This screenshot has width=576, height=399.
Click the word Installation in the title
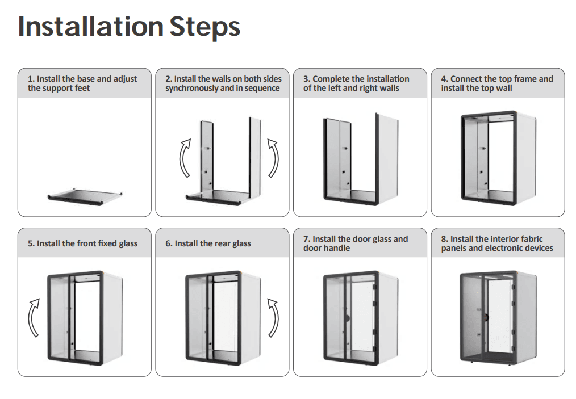tap(91, 27)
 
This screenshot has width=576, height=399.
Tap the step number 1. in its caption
tap(31, 79)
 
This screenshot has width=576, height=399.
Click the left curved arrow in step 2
tap(183, 158)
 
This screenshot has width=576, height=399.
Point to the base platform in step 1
tap(85, 196)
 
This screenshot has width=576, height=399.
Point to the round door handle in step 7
tap(347, 318)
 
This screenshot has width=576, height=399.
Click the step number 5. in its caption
tap(31, 243)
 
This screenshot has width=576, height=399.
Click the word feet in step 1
tap(82, 88)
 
